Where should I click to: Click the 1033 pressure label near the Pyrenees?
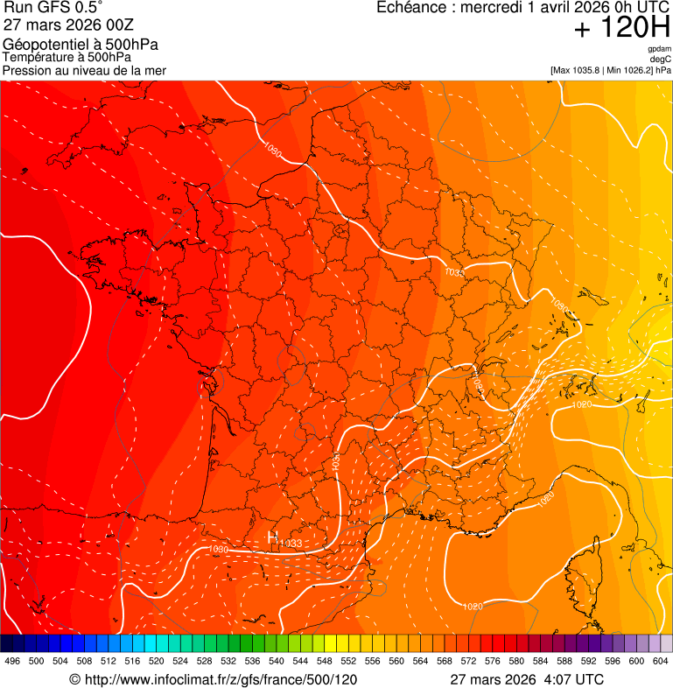pos(291,544)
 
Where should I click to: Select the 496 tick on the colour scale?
pos(12,661)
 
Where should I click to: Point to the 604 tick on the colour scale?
pos(660,661)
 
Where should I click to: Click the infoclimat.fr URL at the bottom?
pos(213,679)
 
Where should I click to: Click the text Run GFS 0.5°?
pos(53,7)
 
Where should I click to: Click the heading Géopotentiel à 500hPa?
pos(81,45)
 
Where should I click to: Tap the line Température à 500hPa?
pos(67,57)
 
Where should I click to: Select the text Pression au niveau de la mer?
pos(84,70)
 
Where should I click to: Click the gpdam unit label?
pos(659,49)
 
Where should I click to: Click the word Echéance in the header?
pos(410,7)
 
